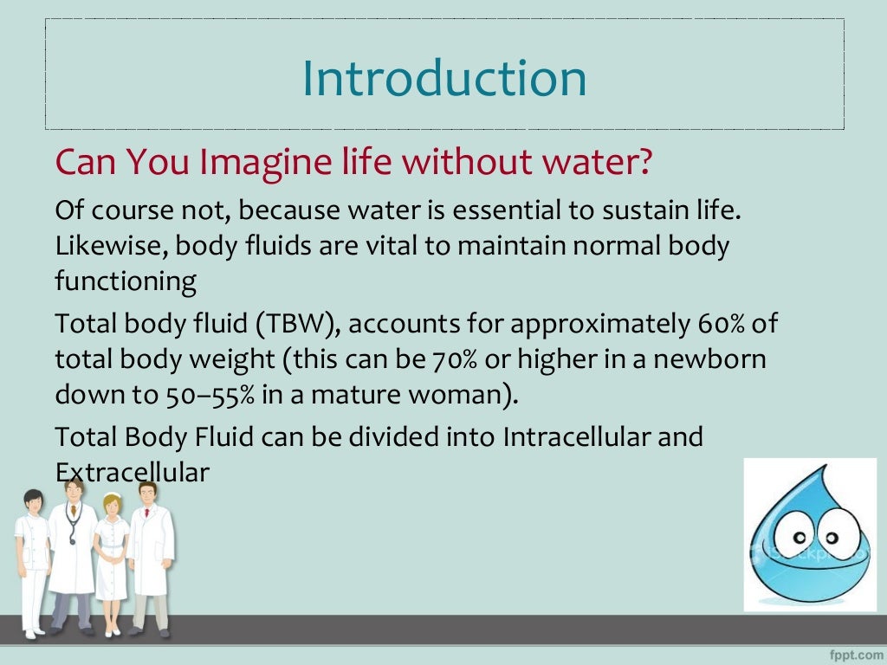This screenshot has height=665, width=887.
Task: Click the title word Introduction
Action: tap(443, 78)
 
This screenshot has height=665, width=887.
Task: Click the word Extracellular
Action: tap(132, 473)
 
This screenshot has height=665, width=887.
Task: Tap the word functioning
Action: tap(126, 281)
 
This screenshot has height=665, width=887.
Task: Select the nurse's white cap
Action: tap(112, 499)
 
